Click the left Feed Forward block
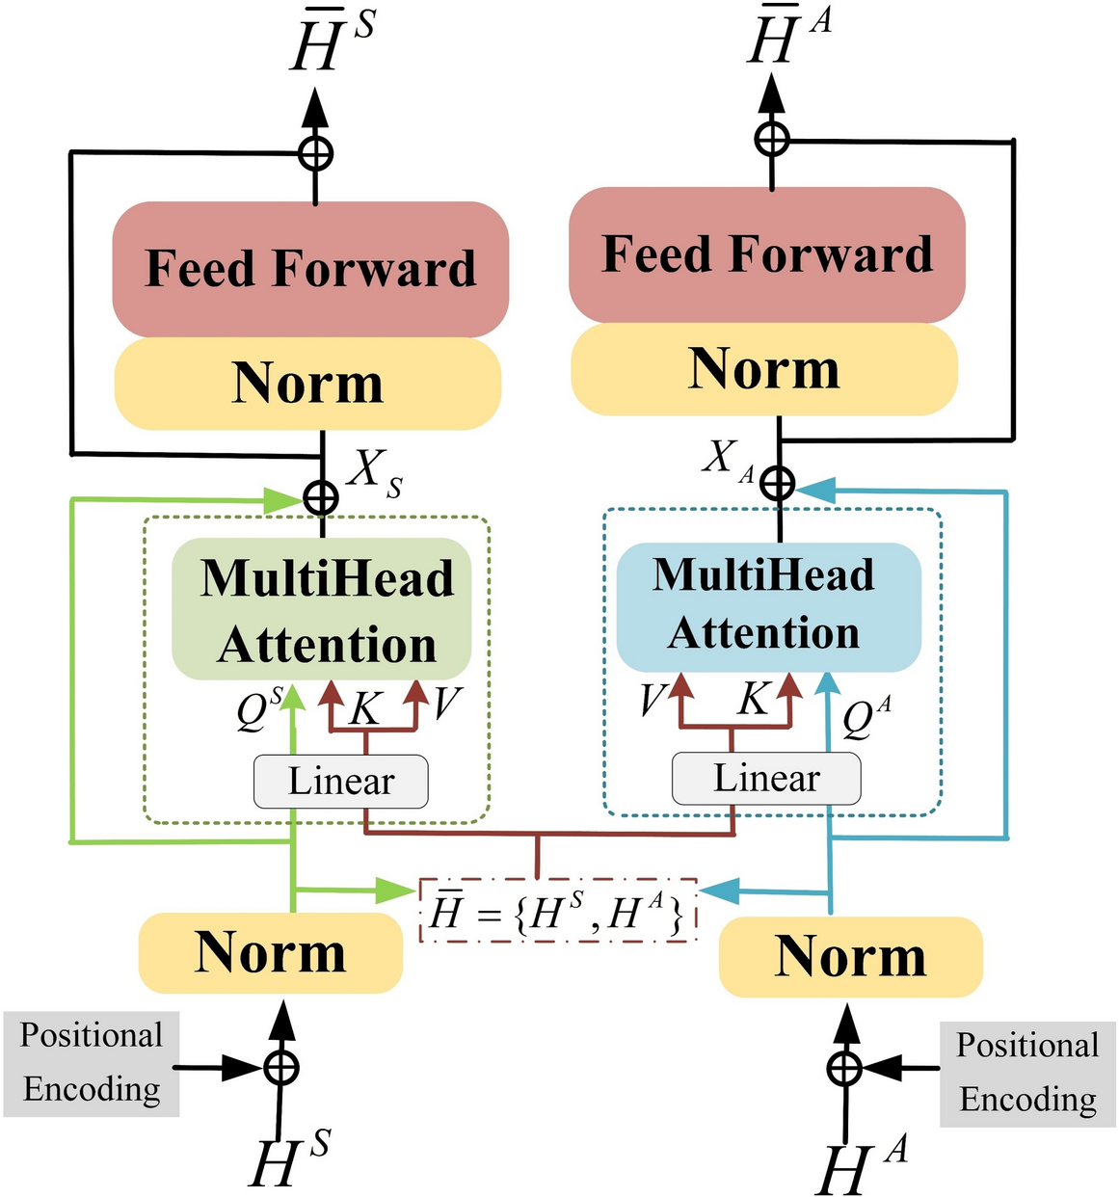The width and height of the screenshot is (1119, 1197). (x=310, y=269)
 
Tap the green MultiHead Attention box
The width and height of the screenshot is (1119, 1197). (x=322, y=609)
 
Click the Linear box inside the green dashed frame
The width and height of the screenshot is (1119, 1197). (x=340, y=782)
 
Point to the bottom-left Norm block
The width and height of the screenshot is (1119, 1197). (x=270, y=953)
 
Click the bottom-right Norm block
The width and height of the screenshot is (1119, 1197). (x=850, y=957)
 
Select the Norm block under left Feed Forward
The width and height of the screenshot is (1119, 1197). (x=307, y=383)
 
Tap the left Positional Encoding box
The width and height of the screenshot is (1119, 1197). (x=92, y=1063)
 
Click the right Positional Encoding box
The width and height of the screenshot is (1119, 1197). (x=1027, y=1073)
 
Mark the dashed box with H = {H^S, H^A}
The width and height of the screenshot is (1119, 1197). (x=558, y=911)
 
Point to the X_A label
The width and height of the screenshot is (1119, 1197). (x=728, y=459)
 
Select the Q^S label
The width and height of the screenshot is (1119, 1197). (x=259, y=709)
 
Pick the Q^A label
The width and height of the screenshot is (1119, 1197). (x=866, y=717)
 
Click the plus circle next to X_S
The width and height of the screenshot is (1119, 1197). (x=321, y=498)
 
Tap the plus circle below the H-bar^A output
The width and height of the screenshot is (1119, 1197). (x=771, y=140)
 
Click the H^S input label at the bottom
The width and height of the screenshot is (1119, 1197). (x=288, y=1159)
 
